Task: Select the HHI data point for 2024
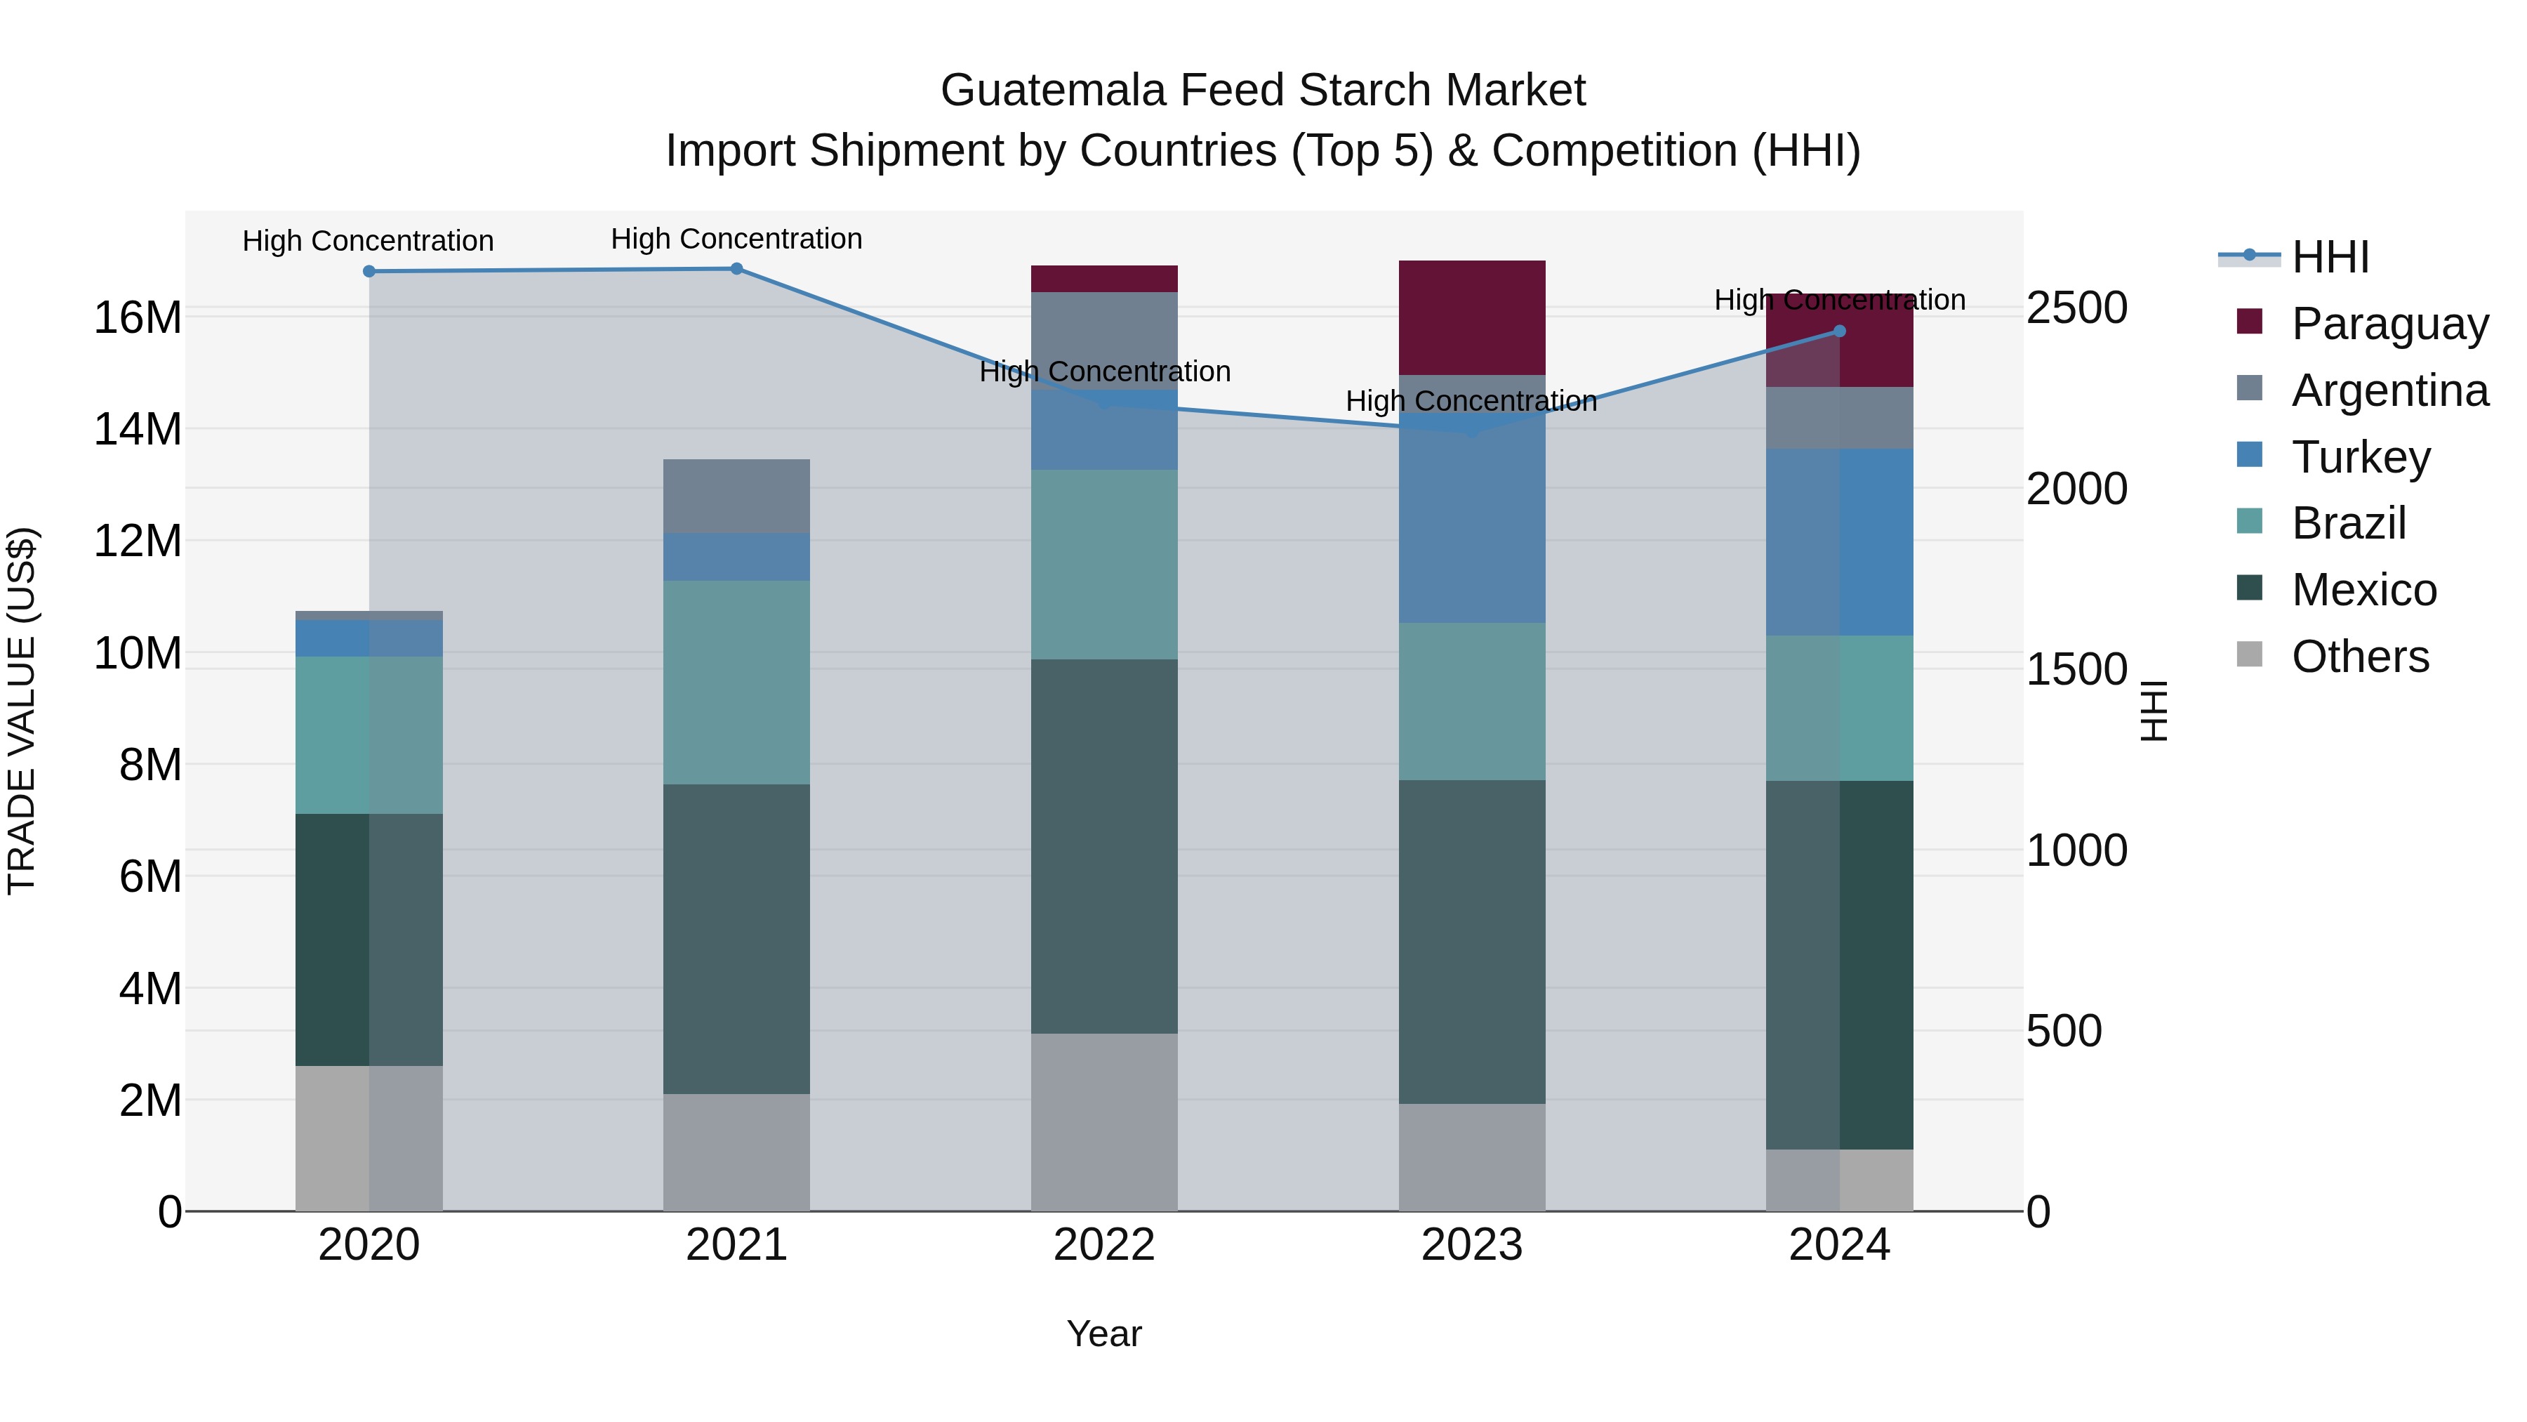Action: [1839, 331]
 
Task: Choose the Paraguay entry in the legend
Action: [2389, 323]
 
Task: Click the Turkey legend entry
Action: [2360, 456]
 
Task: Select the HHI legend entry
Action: [2330, 257]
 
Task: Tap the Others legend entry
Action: [2359, 656]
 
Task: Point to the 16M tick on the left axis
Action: [138, 317]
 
